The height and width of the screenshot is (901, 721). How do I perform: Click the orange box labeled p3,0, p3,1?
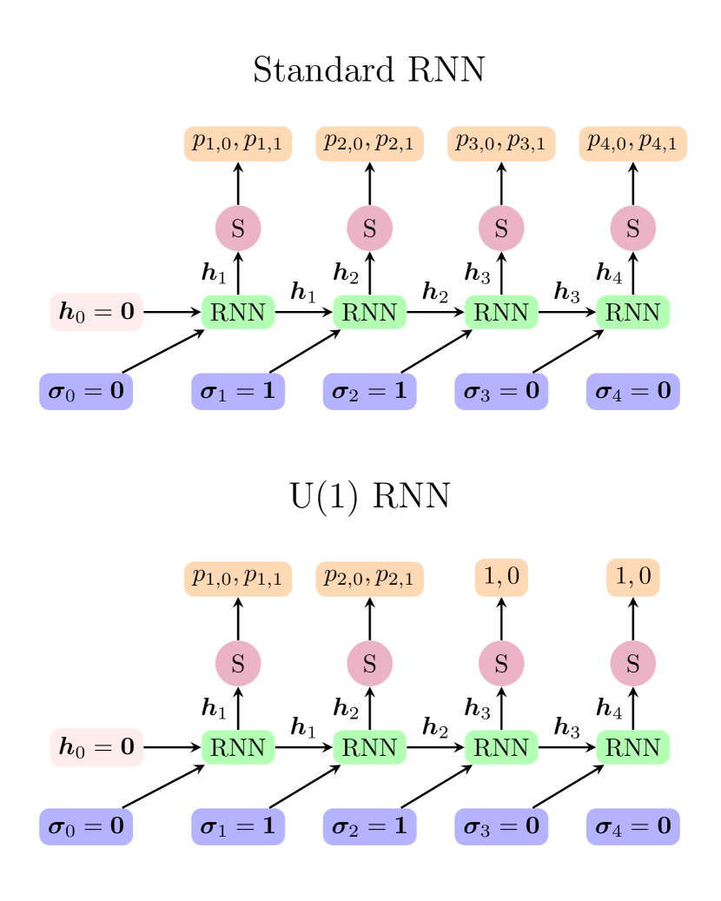coord(501,143)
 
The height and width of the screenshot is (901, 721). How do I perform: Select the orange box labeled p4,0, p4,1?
coord(632,143)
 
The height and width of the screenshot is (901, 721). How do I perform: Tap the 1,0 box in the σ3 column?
coord(501,578)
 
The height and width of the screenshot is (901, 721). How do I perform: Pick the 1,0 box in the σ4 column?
coord(632,578)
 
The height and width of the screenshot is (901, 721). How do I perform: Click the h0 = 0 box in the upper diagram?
coord(96,313)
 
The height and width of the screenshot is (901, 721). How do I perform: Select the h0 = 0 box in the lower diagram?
coord(96,747)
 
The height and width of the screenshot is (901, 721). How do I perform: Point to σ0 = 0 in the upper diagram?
coord(86,392)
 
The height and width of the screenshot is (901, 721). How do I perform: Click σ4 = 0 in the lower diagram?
coord(632,826)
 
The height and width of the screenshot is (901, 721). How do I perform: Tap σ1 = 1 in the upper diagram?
coord(238,392)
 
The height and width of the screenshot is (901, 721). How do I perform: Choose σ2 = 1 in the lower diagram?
coord(369,826)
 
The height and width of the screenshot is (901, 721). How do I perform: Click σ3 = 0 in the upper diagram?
coord(501,392)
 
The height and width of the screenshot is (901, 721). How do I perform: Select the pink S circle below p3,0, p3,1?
coord(501,229)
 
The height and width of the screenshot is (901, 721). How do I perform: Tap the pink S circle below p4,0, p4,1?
coord(632,229)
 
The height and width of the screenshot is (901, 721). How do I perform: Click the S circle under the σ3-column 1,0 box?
coord(501,664)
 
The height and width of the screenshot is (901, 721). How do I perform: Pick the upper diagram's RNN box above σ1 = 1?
coord(238,313)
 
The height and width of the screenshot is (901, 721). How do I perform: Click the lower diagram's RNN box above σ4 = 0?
coord(632,747)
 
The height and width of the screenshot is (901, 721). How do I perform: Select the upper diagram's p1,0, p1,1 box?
coord(238,143)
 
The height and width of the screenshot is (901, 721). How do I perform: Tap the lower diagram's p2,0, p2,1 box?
coord(369,578)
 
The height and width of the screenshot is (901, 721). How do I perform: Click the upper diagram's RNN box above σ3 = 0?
coord(501,313)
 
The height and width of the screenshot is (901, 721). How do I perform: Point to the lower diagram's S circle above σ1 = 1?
coord(238,664)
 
